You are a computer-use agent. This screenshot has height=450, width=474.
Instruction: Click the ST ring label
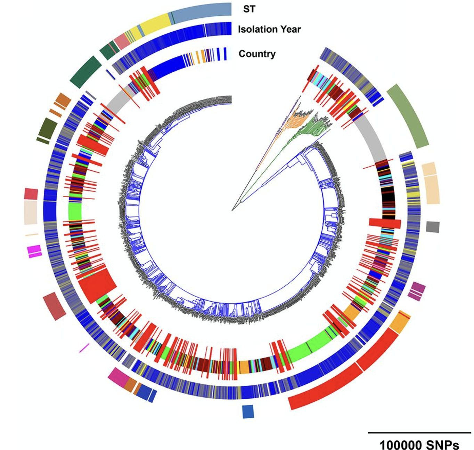(x=249, y=9)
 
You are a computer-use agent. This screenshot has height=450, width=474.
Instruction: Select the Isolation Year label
(x=269, y=29)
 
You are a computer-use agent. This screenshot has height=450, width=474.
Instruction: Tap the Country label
(x=257, y=54)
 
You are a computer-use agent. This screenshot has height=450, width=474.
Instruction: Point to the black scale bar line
(x=419, y=433)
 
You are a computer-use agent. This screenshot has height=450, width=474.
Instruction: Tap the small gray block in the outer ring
(x=433, y=227)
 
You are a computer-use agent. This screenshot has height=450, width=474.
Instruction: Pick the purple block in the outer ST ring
(x=417, y=291)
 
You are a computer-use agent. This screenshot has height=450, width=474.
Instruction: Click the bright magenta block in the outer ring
(x=34, y=250)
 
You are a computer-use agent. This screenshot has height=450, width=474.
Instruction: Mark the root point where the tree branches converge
(x=232, y=210)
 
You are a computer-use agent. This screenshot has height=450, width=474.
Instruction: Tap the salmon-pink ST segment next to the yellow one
(x=122, y=41)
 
